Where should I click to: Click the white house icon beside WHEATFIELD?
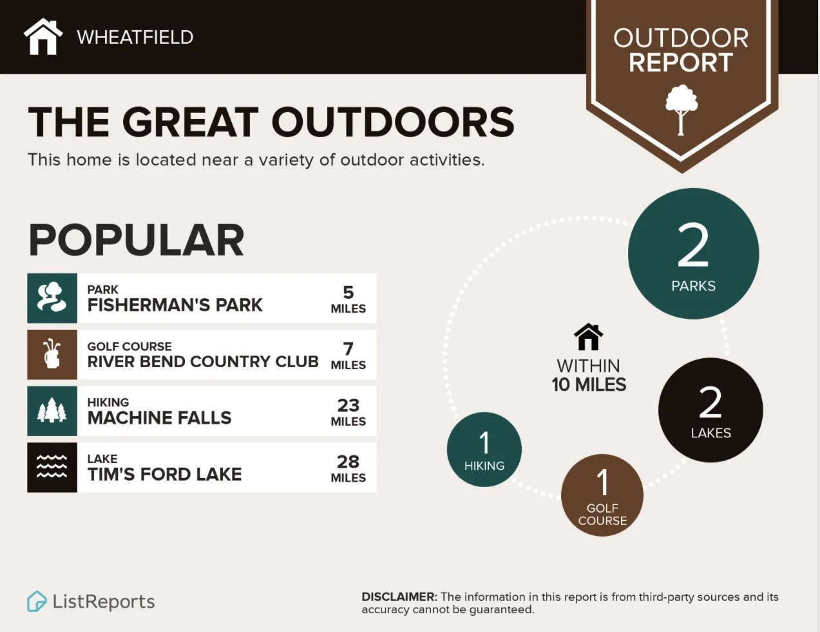coord(43,37)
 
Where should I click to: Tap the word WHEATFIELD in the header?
coord(135,37)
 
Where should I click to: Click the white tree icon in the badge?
coord(681,110)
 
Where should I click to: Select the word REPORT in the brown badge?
coord(681,62)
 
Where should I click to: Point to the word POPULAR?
coord(136,240)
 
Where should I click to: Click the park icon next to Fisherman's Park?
coord(52,298)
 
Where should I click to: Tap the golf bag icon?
coord(52,354)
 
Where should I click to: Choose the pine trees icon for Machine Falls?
coord(52,411)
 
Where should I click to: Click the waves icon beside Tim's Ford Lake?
coord(52,467)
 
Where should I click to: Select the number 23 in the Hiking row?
coord(348,405)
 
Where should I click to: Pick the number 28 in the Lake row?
coord(348,461)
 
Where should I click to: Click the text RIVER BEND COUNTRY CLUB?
coord(203,361)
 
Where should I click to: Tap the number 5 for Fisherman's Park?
coord(348,292)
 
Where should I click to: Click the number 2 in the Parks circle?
coord(693,245)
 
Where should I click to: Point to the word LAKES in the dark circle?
coord(711,433)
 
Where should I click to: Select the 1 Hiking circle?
coord(484,450)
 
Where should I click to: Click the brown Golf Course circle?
coord(602,495)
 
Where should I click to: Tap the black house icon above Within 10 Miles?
coord(588,336)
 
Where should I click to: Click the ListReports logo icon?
coord(37,602)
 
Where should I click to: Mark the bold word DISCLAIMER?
coord(399,597)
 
